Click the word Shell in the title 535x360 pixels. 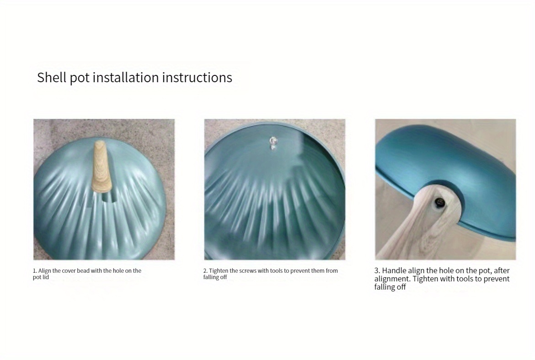tap(52, 77)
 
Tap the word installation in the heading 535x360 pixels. tap(126, 77)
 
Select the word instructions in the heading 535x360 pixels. tap(197, 77)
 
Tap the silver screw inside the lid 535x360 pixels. tap(273, 143)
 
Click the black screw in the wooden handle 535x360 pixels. tap(439, 203)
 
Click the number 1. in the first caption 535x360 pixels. tap(35, 270)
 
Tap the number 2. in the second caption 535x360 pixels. tap(205, 270)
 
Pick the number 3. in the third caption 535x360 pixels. tap(377, 270)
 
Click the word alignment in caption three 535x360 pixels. tap(392, 279)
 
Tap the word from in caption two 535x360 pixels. tap(332, 270)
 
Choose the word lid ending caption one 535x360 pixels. tap(46, 277)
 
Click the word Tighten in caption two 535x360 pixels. tap(219, 270)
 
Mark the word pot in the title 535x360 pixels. tap(80, 78)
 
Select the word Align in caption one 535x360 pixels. tap(44, 270)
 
